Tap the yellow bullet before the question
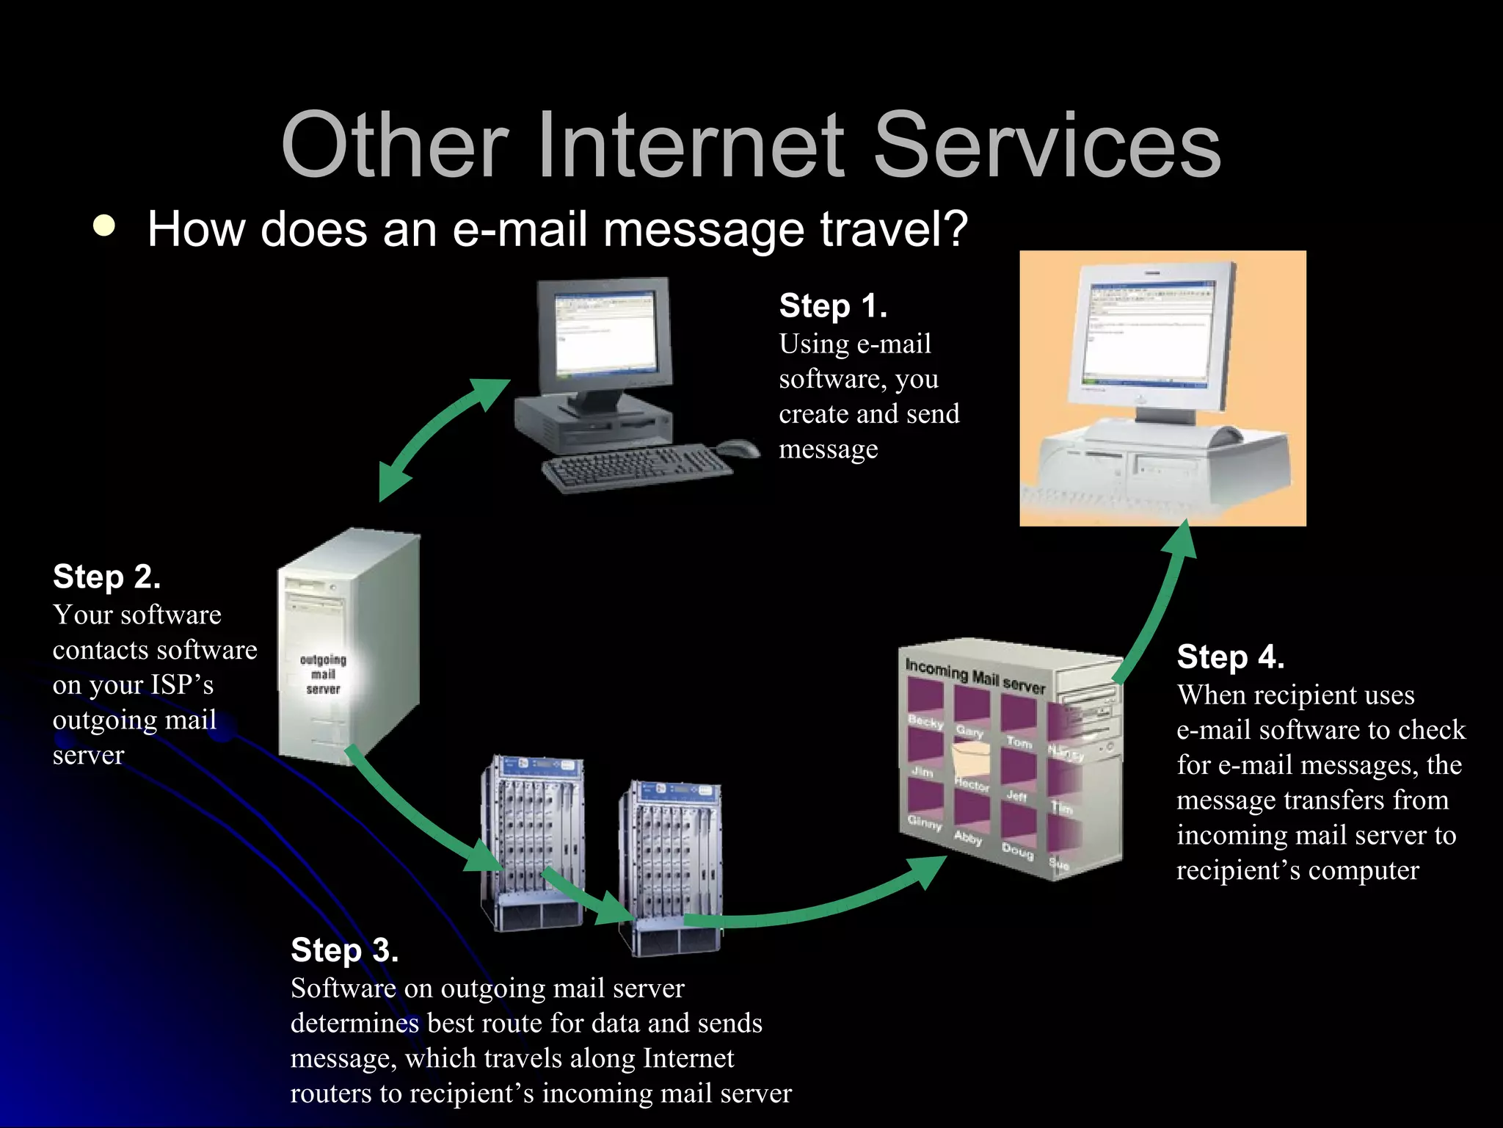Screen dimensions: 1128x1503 pyautogui.click(x=105, y=225)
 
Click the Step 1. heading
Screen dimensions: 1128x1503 pyautogui.click(x=833, y=305)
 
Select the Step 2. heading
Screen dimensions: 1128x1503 pyautogui.click(x=106, y=576)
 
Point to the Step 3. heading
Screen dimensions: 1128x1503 pyautogui.click(x=344, y=950)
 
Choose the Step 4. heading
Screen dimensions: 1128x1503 pyautogui.click(x=1230, y=657)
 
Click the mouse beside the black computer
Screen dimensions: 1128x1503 pyautogui.click(x=737, y=448)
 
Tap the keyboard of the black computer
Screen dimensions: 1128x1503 pyautogui.click(x=636, y=469)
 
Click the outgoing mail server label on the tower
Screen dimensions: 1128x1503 pyautogui.click(x=323, y=674)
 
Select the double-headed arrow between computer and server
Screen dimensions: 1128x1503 pyautogui.click(x=441, y=438)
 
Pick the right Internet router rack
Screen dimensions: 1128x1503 pyautogui.click(x=671, y=867)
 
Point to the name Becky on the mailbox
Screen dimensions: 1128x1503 pyautogui.click(x=925, y=721)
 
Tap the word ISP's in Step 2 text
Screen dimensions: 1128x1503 pyautogui.click(x=182, y=684)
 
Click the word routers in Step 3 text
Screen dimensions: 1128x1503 pyautogui.click(x=331, y=1093)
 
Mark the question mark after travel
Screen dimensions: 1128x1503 pyautogui.click(x=953, y=228)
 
